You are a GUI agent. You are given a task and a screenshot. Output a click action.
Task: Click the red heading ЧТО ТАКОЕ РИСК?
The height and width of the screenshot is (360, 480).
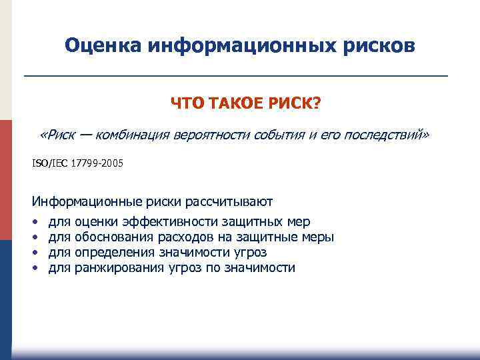click(x=245, y=104)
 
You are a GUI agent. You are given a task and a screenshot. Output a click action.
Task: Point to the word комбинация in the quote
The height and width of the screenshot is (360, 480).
click(x=133, y=136)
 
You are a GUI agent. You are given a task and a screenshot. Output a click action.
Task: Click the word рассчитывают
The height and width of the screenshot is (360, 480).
click(x=229, y=201)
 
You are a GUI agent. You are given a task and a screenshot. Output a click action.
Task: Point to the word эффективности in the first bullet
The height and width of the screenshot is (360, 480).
click(x=167, y=221)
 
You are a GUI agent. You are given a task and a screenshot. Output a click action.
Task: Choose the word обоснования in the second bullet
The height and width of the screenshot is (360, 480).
click(x=114, y=237)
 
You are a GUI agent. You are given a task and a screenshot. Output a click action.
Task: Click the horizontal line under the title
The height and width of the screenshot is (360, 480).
click(x=236, y=77)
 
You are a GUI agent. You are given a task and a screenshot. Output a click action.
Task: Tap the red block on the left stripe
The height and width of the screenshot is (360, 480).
click(x=6, y=180)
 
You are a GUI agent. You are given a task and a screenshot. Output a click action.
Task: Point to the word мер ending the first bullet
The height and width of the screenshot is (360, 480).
click(x=297, y=221)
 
